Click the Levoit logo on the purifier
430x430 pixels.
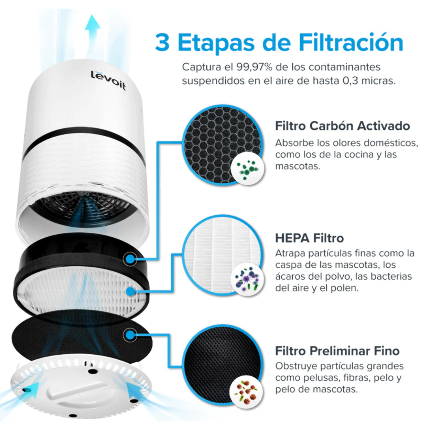(x=108, y=80)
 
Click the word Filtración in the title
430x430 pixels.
(x=351, y=43)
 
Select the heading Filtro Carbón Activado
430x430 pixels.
(x=342, y=126)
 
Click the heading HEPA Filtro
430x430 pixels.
(x=309, y=238)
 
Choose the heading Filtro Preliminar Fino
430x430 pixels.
(x=337, y=351)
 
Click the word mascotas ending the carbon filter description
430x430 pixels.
(x=297, y=166)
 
